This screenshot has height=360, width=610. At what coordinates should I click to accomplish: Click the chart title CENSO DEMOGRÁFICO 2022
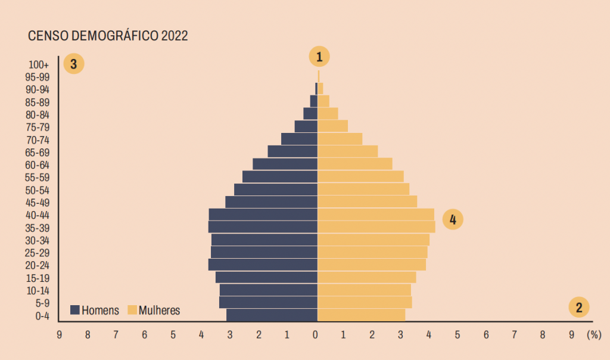tap(108, 36)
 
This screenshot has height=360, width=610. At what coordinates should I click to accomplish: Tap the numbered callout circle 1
tap(319, 57)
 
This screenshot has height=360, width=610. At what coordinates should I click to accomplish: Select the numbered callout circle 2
tap(578, 307)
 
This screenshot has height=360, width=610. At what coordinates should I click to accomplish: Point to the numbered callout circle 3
tap(74, 64)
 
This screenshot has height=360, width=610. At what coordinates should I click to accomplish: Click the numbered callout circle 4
tap(453, 219)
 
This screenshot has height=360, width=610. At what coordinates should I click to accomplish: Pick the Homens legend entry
tap(95, 310)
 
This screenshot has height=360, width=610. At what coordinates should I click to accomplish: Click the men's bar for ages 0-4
tap(272, 315)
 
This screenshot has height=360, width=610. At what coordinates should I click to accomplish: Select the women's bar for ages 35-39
tap(376, 227)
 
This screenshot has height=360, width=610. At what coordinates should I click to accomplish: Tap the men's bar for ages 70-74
tap(299, 139)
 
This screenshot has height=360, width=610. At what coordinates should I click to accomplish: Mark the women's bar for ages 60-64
tap(354, 164)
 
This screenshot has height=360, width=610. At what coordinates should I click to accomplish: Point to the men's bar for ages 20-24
tap(263, 265)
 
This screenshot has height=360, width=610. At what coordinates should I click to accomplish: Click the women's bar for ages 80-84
tap(328, 113)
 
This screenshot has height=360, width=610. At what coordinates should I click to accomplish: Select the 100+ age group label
tap(38, 64)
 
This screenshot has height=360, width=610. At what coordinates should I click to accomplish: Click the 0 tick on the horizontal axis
tap(316, 335)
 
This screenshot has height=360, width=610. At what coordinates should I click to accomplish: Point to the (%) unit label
tap(593, 335)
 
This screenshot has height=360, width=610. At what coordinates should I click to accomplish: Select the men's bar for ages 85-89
tap(313, 101)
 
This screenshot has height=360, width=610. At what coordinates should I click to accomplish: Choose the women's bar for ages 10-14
tap(364, 290)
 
